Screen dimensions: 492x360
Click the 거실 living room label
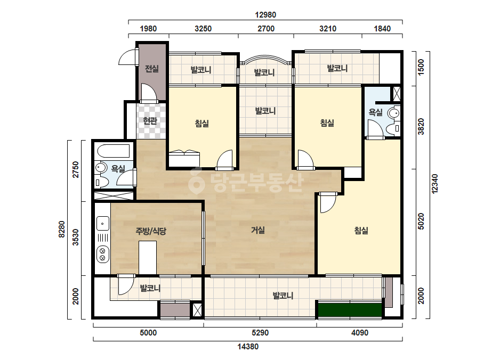click(x=258, y=231)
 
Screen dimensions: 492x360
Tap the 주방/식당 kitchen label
click(x=151, y=232)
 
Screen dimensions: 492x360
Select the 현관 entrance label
click(x=150, y=120)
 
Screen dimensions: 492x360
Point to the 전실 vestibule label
click(x=152, y=69)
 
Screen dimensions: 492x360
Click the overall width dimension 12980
click(x=265, y=15)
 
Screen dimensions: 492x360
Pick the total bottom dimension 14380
click(x=248, y=347)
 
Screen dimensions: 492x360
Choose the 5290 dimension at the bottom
click(x=260, y=333)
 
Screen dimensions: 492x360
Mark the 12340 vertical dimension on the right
click(x=435, y=184)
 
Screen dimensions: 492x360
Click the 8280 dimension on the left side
click(x=62, y=229)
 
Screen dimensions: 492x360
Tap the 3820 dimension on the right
click(x=421, y=127)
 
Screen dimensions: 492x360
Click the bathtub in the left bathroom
click(x=114, y=151)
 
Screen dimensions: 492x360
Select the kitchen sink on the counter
click(x=102, y=223)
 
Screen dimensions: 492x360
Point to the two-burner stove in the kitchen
click(x=102, y=255)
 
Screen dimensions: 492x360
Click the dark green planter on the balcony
click(x=350, y=310)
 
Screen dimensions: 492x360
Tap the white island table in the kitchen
click(x=148, y=257)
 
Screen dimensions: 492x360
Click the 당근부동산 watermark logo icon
click(x=196, y=181)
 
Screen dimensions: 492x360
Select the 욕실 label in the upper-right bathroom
click(x=375, y=112)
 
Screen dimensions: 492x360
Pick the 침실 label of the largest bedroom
click(x=361, y=231)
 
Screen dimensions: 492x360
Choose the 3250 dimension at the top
click(x=203, y=29)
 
